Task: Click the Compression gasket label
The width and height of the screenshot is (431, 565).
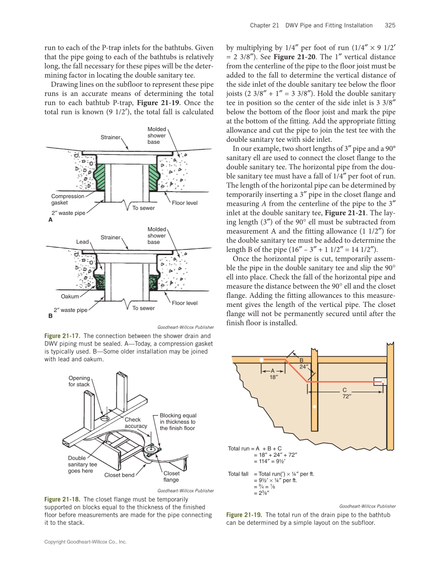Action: tap(68, 200)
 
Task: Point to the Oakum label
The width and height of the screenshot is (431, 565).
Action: tap(70, 296)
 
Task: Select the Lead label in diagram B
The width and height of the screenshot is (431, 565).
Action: tap(82, 242)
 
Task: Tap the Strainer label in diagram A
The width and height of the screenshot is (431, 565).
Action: tap(110, 137)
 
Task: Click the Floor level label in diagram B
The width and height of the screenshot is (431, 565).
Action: tap(185, 303)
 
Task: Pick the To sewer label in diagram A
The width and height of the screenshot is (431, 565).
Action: tap(143, 208)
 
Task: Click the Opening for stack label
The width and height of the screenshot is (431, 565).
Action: tap(79, 381)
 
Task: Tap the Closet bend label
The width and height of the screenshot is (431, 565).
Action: tap(119, 475)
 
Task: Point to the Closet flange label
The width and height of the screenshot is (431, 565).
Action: tap(171, 476)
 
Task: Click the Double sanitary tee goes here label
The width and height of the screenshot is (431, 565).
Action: tap(82, 464)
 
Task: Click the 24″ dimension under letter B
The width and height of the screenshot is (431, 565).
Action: tap(304, 366)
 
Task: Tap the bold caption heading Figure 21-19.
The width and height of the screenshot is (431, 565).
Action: tap(244, 515)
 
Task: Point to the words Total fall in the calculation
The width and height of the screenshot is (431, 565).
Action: tap(238, 474)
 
